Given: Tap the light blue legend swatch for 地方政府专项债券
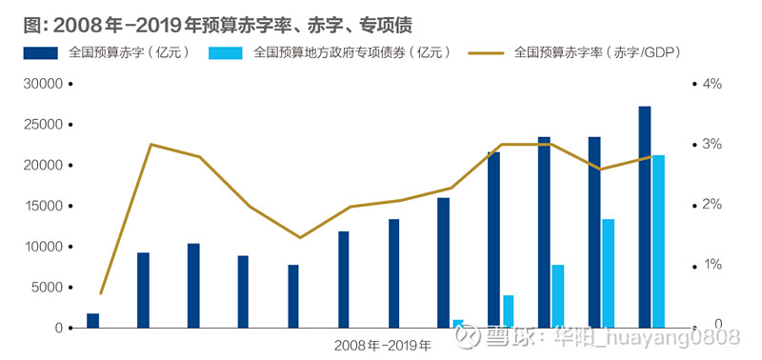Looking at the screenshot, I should pos(226,53).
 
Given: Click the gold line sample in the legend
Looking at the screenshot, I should pos(486,53).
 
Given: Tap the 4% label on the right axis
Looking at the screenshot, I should pos(712,84).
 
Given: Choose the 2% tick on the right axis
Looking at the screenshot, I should pos(712,205).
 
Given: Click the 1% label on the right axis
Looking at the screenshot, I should pos(712,265).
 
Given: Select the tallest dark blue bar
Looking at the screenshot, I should pos(645,217).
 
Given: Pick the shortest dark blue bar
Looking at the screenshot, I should pos(92,321).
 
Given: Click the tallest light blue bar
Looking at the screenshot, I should pos(658,241).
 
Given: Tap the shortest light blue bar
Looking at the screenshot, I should pos(458,324).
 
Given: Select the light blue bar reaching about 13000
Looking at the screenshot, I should pos(608,273).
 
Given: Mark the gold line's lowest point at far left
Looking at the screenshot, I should pos(101,293).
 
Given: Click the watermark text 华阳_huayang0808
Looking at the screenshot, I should pos(657,336).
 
